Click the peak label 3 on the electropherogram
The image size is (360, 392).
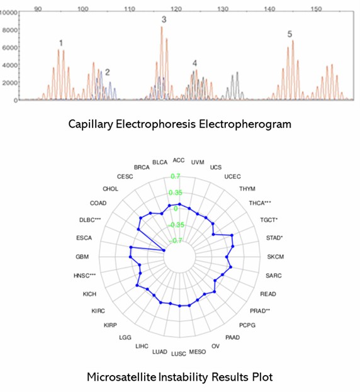tap(164, 20)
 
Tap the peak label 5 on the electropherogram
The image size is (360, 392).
tap(290, 34)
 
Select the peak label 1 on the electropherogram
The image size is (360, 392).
tap(61, 43)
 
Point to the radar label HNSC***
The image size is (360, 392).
tap(84, 275)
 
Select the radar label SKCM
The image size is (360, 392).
tap(275, 257)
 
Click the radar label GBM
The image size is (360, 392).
tap(82, 257)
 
